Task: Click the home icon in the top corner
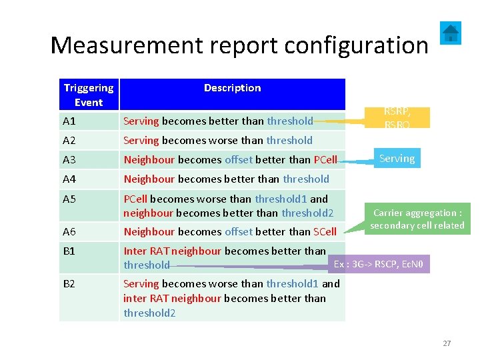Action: coord(451,32)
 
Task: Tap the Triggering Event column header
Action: coord(89,95)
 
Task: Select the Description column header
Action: coord(232,88)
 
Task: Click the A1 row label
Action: coord(69,121)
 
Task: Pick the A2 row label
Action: coord(69,141)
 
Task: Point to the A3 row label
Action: coord(69,160)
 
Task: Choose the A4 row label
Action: coord(69,179)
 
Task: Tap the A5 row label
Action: coord(69,199)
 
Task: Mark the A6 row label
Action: coord(69,232)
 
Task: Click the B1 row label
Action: coord(69,251)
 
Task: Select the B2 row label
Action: coord(69,284)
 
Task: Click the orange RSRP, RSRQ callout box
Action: coord(399,117)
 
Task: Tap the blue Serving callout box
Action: coord(397,159)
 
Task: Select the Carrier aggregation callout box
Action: coord(417,219)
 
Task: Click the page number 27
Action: coord(447,343)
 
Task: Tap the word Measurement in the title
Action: coord(121,45)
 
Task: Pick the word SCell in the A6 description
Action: coord(325,232)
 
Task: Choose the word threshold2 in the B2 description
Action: coord(149,313)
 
